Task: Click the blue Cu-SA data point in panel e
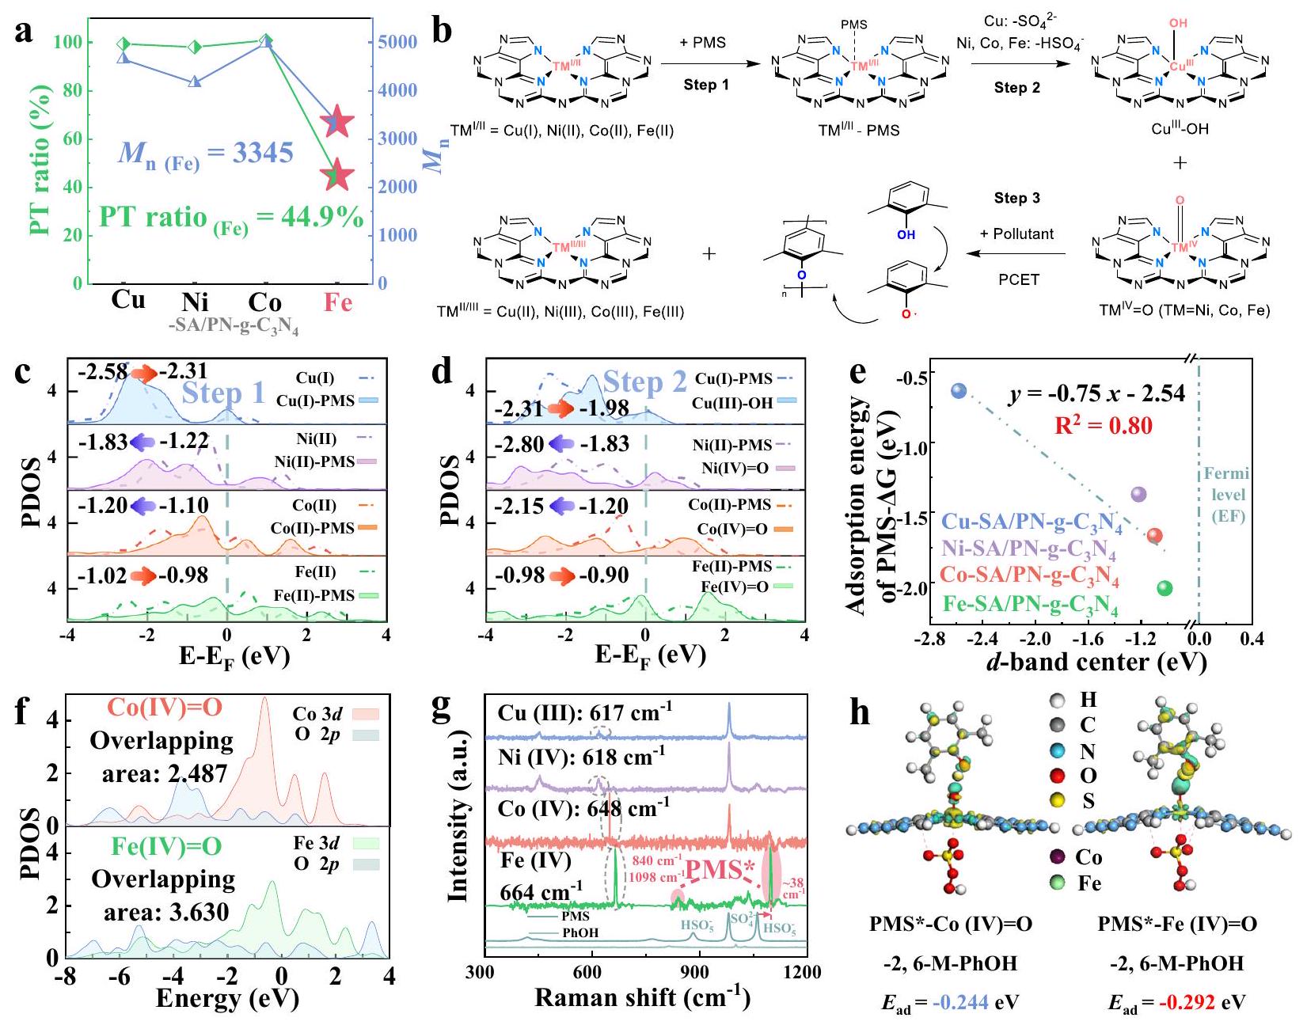(x=959, y=390)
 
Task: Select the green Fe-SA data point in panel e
(x=1165, y=588)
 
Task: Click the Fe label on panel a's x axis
(x=338, y=303)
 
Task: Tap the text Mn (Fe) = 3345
(x=206, y=154)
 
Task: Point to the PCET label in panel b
(x=1018, y=279)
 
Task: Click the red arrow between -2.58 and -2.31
(x=144, y=372)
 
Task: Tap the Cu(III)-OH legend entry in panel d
(x=743, y=403)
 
